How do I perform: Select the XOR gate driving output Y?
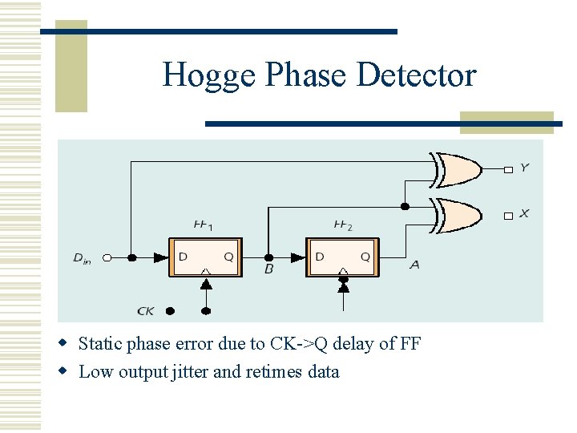click(459, 168)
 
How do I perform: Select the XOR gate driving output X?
click(459, 214)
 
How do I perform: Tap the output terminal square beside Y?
click(507, 169)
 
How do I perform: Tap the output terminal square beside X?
click(507, 216)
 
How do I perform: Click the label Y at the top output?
click(524, 168)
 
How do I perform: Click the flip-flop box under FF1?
click(204, 257)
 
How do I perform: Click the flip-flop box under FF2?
click(342, 257)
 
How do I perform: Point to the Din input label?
click(83, 257)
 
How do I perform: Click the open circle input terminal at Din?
click(107, 257)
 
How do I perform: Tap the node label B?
click(268, 269)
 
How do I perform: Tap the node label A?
click(414, 265)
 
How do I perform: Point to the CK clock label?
click(146, 310)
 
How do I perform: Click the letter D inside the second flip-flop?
click(320, 257)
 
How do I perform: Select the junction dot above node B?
click(268, 257)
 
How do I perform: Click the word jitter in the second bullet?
click(191, 372)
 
